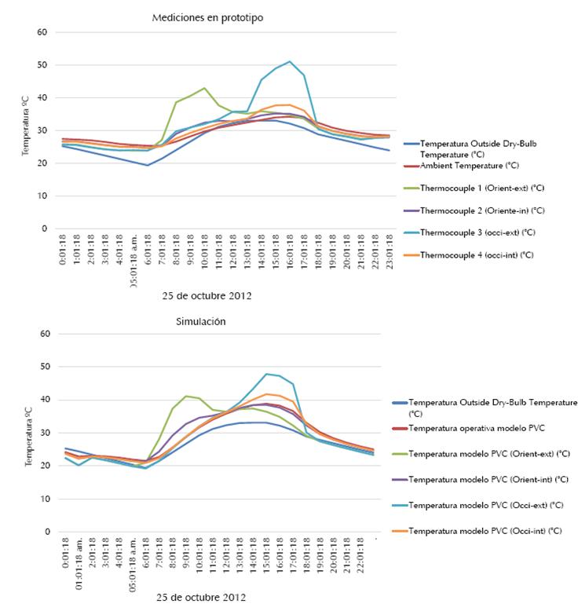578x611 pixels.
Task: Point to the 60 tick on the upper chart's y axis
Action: click(x=42, y=32)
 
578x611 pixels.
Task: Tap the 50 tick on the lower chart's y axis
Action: click(x=42, y=367)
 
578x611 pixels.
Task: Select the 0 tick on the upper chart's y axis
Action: click(x=45, y=229)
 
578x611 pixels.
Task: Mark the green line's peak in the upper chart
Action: click(x=204, y=88)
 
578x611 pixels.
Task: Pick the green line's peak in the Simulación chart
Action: click(x=186, y=396)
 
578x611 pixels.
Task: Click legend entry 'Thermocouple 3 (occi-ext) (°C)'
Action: click(x=480, y=233)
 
